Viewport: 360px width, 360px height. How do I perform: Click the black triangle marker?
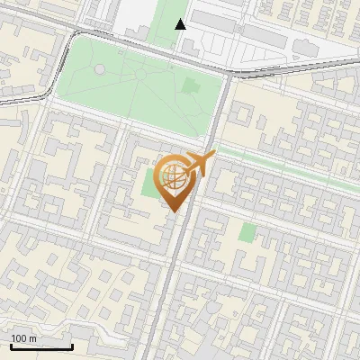coord(180,24)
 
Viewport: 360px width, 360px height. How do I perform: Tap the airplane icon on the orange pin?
coord(198,166)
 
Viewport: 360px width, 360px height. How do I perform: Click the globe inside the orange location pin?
coord(172,175)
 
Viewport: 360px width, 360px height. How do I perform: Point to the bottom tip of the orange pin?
coord(172,212)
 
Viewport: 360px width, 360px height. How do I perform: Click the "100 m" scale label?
coord(23,338)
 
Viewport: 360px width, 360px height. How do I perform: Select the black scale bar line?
coord(41,346)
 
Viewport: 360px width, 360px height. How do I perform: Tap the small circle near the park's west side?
coord(98,69)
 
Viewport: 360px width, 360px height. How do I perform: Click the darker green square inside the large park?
coord(191,86)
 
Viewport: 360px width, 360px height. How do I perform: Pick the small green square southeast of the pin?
coord(247,232)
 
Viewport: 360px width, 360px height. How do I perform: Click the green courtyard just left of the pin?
coord(147,184)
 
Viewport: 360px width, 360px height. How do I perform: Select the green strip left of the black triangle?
coord(167,13)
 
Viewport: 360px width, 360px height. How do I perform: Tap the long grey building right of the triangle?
coord(261,36)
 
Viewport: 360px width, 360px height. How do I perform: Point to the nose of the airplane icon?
coord(213,157)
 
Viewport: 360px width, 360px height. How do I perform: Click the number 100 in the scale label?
coord(18,338)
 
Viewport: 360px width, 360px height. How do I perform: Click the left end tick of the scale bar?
coord(11,346)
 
